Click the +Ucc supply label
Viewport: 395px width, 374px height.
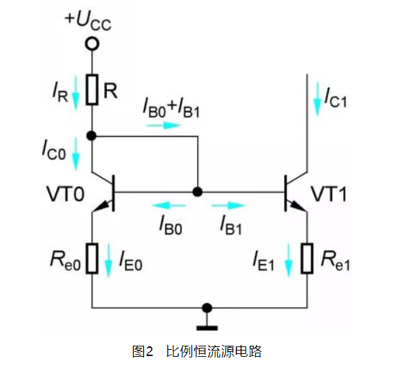(88, 21)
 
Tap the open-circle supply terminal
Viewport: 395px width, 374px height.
(92, 43)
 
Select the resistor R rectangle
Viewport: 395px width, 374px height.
(92, 90)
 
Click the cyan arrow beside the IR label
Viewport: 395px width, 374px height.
(76, 93)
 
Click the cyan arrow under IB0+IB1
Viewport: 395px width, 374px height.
(164, 125)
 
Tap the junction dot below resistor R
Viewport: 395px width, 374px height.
(92, 136)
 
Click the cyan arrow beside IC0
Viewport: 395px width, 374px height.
(76, 153)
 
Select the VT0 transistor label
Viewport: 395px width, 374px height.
(65, 194)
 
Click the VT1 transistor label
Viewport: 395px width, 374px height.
(329, 194)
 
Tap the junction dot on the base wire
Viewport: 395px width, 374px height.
(197, 192)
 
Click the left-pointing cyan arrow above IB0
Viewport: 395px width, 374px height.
(168, 206)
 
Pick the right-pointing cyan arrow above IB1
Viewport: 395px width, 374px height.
(228, 206)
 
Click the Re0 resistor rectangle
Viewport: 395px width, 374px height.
(92, 259)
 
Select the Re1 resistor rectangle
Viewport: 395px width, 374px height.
(307, 259)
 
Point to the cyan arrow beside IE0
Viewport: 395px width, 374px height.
(109, 261)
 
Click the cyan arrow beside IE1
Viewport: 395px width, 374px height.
(288, 261)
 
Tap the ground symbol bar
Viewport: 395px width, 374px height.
(207, 328)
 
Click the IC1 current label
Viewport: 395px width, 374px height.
(336, 98)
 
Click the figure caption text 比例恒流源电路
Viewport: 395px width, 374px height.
(214, 351)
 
